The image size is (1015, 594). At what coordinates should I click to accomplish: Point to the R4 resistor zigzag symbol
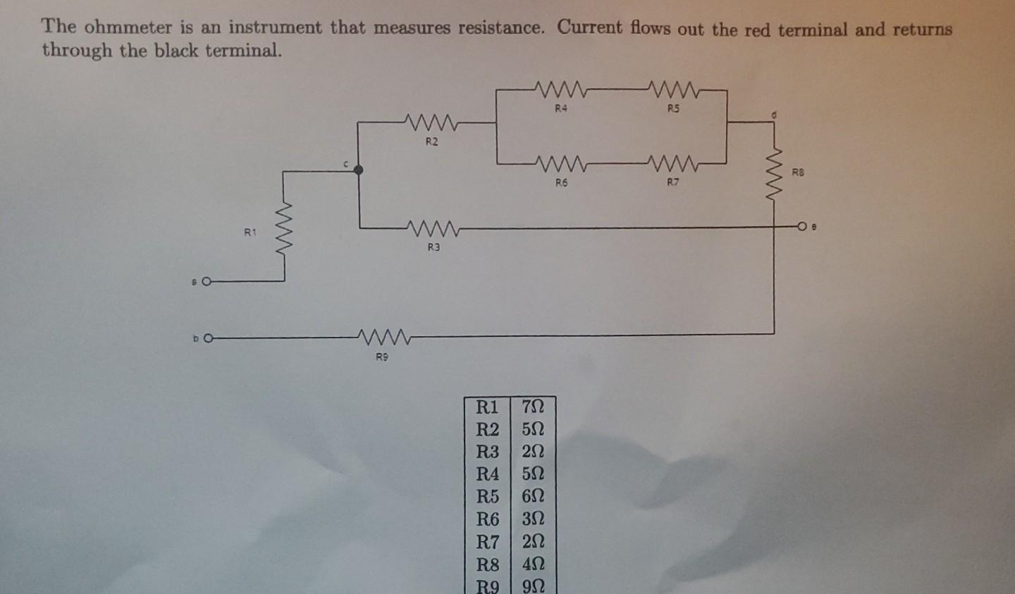pyautogui.click(x=561, y=89)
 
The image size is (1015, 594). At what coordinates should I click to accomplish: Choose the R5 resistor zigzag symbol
pyautogui.click(x=673, y=89)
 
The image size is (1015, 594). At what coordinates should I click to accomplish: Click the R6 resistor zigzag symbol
pyautogui.click(x=561, y=164)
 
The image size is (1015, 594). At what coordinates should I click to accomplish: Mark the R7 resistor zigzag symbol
pyautogui.click(x=673, y=164)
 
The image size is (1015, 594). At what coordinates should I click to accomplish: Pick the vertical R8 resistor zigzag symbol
pyautogui.click(x=775, y=173)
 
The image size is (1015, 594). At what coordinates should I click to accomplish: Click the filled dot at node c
pyautogui.click(x=358, y=170)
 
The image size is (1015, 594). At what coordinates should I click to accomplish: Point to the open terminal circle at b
pyautogui.click(x=207, y=338)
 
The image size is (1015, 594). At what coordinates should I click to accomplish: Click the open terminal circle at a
pyautogui.click(x=206, y=282)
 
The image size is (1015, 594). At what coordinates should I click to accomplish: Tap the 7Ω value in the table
pyautogui.click(x=533, y=407)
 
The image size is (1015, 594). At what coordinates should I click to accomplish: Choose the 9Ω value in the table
pyautogui.click(x=533, y=586)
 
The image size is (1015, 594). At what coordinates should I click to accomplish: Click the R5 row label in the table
pyautogui.click(x=487, y=496)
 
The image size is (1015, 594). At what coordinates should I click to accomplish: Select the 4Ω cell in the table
pyautogui.click(x=533, y=564)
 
